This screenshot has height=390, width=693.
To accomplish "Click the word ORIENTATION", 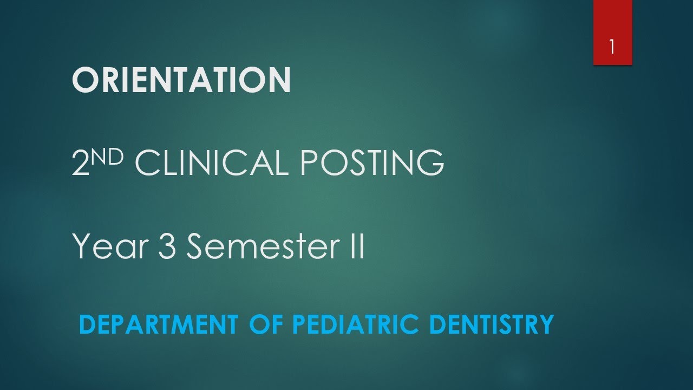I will [181, 80].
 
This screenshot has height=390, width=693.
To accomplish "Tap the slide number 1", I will [612, 47].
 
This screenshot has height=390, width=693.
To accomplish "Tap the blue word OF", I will [267, 324].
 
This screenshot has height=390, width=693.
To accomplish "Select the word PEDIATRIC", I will [356, 324].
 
